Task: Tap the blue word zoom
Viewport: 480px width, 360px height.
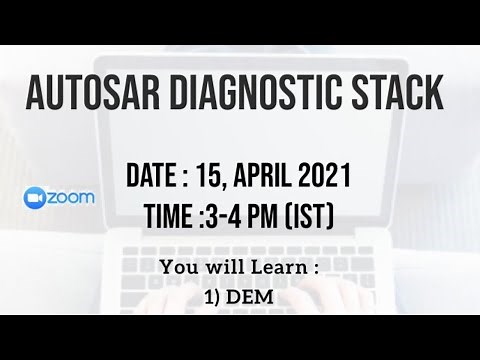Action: (74, 198)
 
